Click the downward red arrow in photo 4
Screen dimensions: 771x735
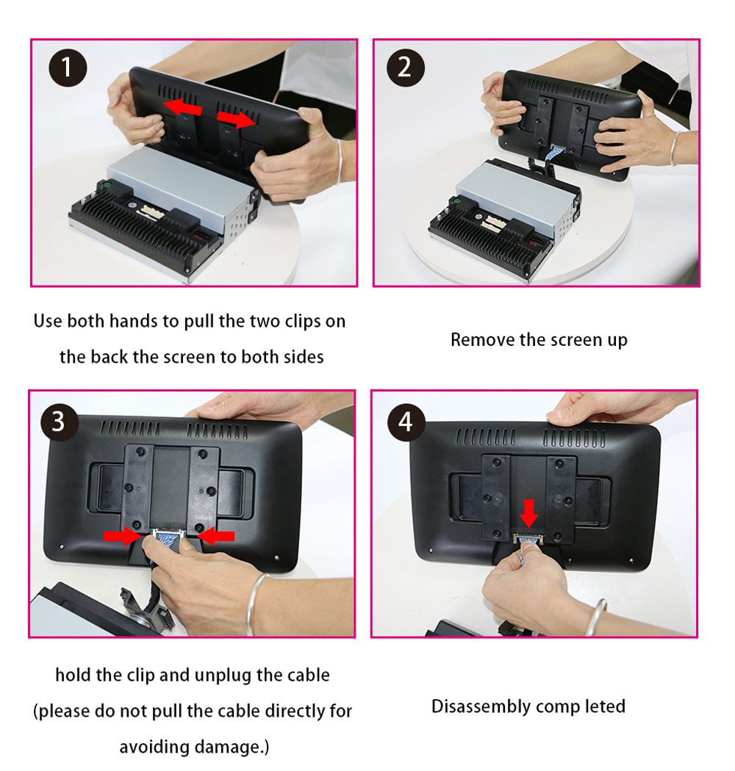[x=529, y=512]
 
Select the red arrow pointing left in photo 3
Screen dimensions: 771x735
[x=218, y=537]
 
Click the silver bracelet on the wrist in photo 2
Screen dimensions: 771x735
[x=674, y=148]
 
